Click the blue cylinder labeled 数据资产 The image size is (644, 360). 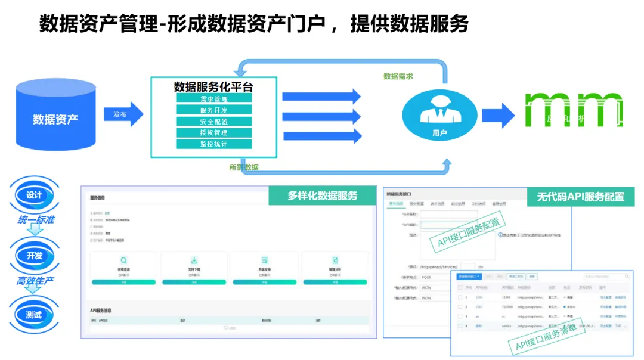click(55, 118)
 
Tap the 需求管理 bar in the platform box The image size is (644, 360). click(213, 99)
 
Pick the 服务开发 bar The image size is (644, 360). click(213, 110)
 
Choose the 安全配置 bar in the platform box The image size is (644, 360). click(213, 122)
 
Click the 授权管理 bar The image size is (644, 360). click(213, 133)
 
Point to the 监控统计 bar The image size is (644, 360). click(213, 144)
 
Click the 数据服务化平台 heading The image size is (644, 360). click(213, 86)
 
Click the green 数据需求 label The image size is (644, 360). click(398, 76)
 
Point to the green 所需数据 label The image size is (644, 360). click(244, 167)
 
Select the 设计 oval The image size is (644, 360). click(34, 195)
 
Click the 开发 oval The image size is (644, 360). click(34, 256)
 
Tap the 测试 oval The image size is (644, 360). click(34, 315)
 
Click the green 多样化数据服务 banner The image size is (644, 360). click(322, 195)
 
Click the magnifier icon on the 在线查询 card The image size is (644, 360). click(123, 260)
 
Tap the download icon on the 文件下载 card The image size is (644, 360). click(194, 260)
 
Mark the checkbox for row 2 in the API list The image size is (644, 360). click(460, 306)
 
